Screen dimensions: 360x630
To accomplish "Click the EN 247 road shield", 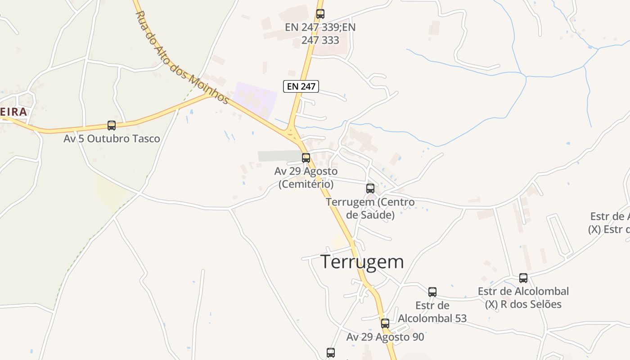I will point(301,86).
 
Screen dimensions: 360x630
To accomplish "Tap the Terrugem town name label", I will point(362,261).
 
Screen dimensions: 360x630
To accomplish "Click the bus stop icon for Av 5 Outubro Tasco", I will point(112,126).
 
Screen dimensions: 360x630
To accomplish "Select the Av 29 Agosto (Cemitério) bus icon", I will point(306,158).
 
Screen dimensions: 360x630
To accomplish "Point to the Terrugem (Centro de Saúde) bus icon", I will point(370,189).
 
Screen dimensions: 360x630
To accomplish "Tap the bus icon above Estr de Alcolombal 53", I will point(432,292).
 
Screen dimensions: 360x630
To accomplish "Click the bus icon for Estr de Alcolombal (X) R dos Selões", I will point(523,278).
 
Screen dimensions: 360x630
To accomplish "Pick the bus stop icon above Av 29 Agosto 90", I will point(385,323).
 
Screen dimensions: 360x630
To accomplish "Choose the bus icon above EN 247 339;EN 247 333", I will point(320,14).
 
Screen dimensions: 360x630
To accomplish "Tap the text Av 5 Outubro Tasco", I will point(112,139).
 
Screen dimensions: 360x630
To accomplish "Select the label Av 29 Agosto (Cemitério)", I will point(306,178).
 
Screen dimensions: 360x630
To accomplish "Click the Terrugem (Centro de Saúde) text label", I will point(370,208).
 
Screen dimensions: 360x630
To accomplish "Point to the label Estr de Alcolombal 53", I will point(432,312).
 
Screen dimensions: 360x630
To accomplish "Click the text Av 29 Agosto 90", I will point(385,337).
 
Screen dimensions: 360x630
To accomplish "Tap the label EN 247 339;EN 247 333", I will point(320,33).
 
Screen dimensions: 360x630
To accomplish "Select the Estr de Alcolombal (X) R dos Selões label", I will point(523,297).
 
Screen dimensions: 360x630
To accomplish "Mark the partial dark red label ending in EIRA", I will point(13,112).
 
